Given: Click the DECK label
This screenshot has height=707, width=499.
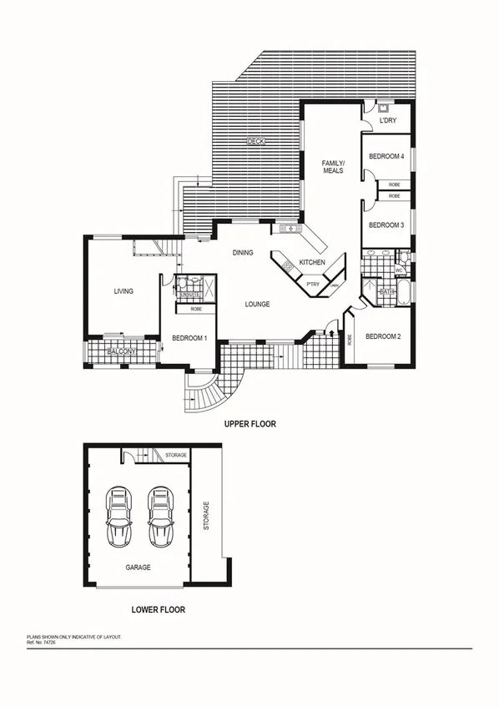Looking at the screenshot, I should pos(256,142).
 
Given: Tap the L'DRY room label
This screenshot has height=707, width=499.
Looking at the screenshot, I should pos(387,121).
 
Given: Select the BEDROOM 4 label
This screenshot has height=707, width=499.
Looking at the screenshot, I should pos(386,156).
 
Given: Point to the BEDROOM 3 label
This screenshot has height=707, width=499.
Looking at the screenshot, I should pos(386,225).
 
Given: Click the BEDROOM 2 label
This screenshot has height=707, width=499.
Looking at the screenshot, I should pos(383,336).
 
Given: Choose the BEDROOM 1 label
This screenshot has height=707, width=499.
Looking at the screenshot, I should pos(189,338).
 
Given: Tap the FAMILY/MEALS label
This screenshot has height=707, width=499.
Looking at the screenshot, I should pos(334,165).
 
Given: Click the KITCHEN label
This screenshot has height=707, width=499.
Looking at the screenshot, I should pos(312,263).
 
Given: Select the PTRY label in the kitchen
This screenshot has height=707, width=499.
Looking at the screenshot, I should pos(313,285).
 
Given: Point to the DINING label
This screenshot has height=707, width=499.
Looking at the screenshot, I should pos(243,253).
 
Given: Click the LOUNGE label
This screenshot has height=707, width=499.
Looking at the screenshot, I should pos(257,305).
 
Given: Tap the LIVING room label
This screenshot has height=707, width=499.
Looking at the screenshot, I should pos(124,291).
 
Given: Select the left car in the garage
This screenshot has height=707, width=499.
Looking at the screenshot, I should pos(119,517).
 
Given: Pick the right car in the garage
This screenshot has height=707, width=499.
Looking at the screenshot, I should pos(160,517).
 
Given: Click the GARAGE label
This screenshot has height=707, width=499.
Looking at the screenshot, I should pos(138,568).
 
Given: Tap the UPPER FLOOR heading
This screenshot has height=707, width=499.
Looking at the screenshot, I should pos(249,424).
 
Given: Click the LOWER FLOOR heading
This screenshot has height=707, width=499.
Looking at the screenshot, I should pos(159,610).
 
